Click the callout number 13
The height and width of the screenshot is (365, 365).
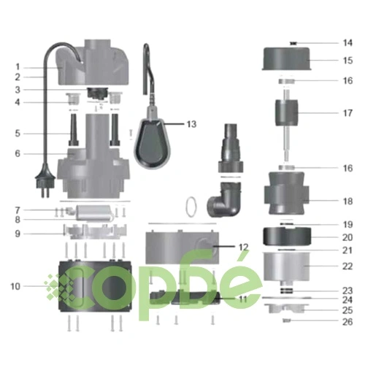(191, 124)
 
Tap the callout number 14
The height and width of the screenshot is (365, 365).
(347, 43)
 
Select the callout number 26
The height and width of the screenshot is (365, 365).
(347, 322)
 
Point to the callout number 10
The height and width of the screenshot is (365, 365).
(15, 286)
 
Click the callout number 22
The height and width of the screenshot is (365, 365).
(347, 266)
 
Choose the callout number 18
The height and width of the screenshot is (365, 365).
(347, 201)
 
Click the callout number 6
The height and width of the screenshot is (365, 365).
(18, 154)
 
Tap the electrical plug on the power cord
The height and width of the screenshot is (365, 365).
(45, 180)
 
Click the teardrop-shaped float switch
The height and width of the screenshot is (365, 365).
(153, 144)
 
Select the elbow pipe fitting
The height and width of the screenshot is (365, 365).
(224, 199)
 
